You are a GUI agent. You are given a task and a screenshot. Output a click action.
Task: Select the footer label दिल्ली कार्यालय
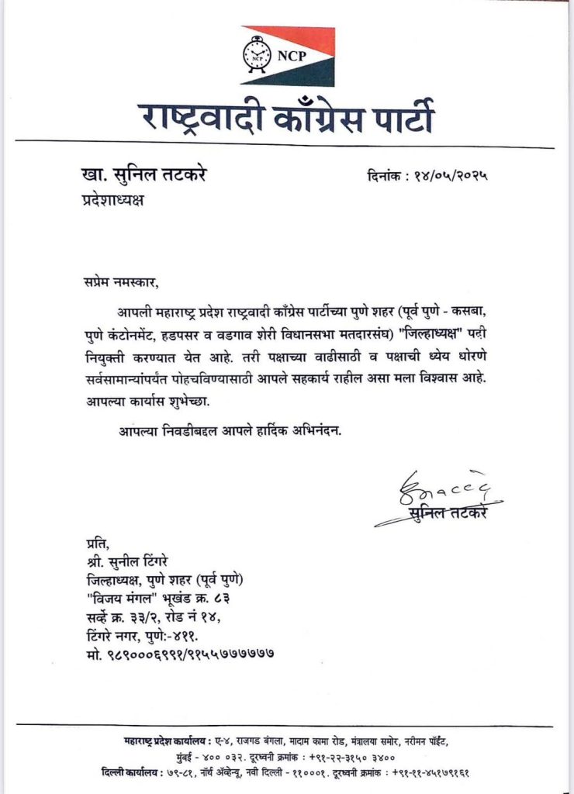pos(132,773)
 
